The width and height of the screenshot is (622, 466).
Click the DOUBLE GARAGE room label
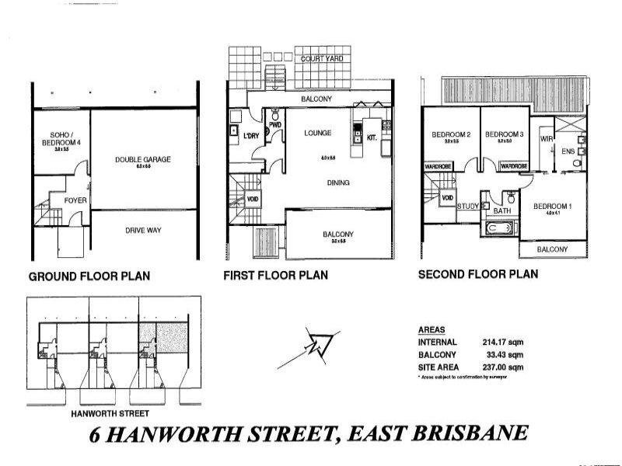click(143, 159)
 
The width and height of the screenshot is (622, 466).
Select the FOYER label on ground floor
click(75, 200)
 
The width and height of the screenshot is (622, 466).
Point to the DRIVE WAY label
click(142, 230)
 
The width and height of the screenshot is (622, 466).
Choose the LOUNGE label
click(318, 134)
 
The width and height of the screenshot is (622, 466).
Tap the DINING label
click(338, 183)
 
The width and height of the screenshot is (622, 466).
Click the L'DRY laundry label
click(250, 137)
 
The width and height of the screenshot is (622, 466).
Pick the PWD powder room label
click(274, 124)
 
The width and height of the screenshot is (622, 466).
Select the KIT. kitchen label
click(372, 138)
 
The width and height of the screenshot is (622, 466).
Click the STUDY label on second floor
click(467, 206)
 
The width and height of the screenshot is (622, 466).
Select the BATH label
click(502, 210)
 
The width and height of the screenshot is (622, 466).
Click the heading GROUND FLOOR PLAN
click(89, 276)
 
